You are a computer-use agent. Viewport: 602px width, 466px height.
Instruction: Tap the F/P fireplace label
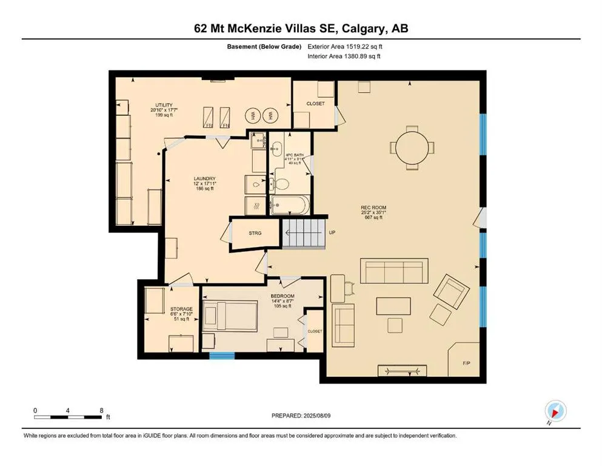467,363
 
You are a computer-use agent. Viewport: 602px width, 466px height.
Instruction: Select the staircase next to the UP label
303,233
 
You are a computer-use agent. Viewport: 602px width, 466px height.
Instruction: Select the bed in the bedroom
230,316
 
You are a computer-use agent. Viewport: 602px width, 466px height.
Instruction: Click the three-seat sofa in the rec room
394,271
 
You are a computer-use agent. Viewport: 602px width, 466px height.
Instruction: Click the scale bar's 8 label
101,411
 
